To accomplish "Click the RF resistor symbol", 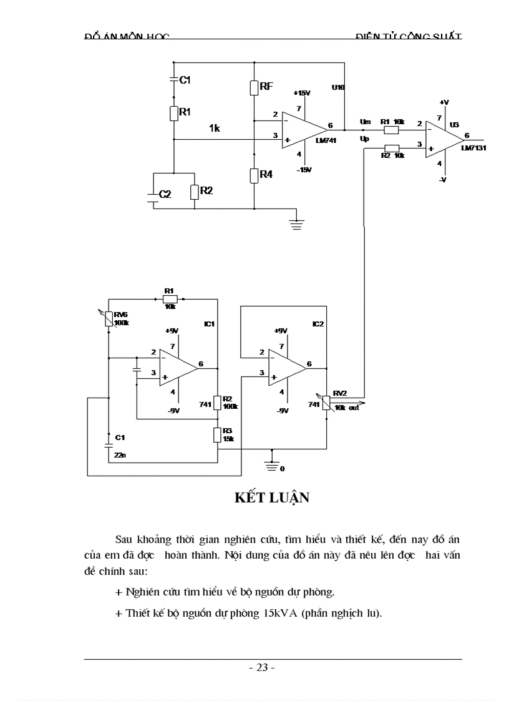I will [x=254, y=87].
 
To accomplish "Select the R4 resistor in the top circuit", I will [x=254, y=175].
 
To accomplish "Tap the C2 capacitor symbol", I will [x=152, y=194].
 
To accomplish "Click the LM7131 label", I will [x=473, y=149].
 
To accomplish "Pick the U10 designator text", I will [x=337, y=87].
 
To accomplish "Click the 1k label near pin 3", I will [x=215, y=128].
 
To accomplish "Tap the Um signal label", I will [x=365, y=121].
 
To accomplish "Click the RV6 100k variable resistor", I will [x=108, y=319].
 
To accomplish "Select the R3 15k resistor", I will [x=216, y=435].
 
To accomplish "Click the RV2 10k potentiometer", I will [x=326, y=403].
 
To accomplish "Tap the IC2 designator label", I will [x=318, y=325].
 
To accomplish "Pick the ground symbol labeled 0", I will [x=271, y=466].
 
